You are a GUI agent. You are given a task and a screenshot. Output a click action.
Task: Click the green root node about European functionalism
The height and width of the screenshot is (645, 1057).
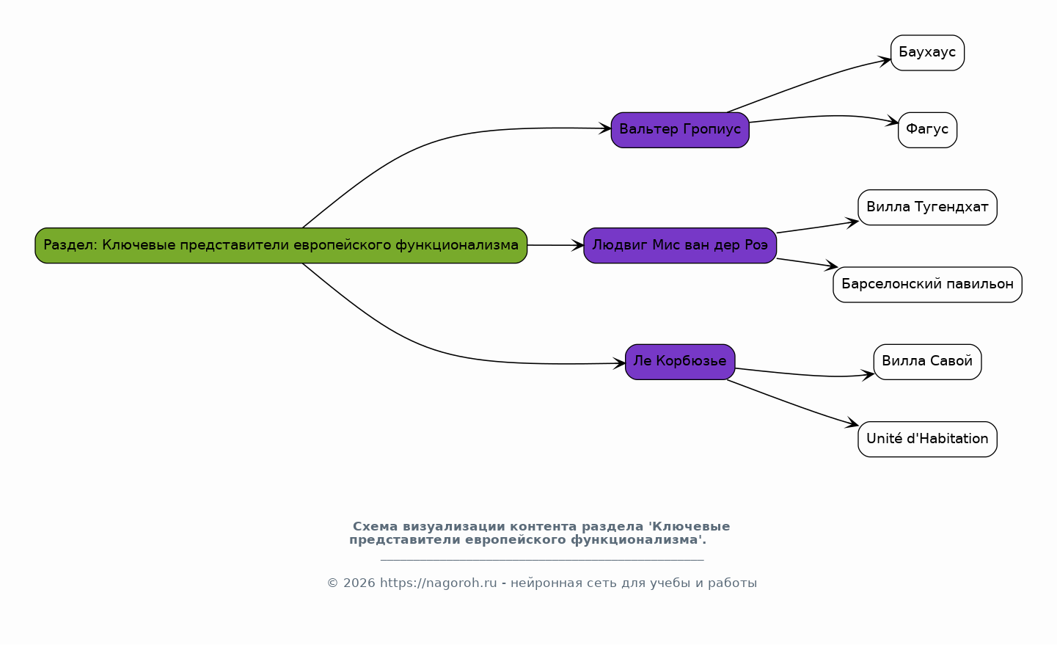coord(281,245)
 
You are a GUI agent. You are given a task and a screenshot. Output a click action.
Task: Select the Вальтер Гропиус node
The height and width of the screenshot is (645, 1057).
coord(680,130)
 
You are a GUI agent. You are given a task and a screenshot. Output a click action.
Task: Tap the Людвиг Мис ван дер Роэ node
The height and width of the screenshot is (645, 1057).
coord(680,245)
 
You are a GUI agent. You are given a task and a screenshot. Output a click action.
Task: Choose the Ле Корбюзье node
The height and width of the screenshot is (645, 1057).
coord(680,362)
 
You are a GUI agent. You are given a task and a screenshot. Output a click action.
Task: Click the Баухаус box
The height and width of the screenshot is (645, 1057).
coord(927,53)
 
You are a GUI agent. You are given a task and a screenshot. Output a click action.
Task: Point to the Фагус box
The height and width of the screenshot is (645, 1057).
coord(927,130)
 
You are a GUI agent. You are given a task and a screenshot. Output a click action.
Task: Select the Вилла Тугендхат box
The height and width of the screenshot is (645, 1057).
coord(927,207)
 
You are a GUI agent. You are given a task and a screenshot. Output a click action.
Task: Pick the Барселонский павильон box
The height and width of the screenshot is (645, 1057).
coord(927,284)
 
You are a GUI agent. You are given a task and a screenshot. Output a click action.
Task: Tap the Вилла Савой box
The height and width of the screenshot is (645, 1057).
coord(927,362)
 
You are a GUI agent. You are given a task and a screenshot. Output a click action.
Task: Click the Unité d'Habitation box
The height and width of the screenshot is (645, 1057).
coord(927,439)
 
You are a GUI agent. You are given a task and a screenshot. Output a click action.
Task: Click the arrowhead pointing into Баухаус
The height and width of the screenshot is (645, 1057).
coord(885,60)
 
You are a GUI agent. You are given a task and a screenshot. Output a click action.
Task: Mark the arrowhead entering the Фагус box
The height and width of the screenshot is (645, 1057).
coord(892,122)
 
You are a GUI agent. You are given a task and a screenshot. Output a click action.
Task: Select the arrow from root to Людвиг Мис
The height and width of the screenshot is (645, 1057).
coord(555,245)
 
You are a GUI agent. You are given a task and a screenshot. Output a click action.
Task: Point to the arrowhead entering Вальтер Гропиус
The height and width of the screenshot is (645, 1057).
coord(604,128)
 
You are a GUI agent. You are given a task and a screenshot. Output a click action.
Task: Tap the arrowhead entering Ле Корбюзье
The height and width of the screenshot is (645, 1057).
coord(619,363)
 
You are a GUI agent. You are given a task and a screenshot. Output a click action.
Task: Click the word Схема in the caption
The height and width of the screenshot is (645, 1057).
coord(376,527)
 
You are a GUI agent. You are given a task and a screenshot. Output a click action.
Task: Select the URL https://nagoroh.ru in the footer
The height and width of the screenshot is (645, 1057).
coord(438,583)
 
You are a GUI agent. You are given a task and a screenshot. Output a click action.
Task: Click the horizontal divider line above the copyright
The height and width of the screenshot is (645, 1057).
coord(542,560)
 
